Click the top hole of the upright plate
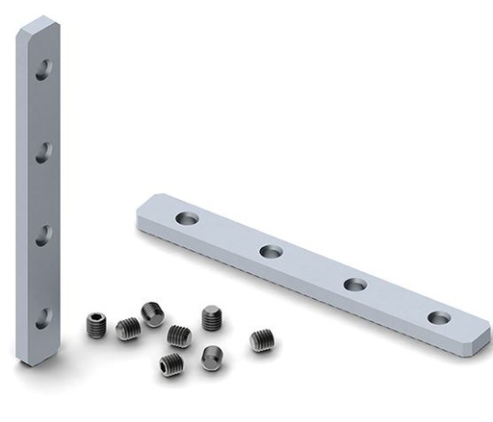coord(43,69)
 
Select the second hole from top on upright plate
coord(43,151)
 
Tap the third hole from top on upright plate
coord(43,234)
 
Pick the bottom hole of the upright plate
coord(43,317)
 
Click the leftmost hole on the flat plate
coord(187,218)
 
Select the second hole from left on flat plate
coord(272,252)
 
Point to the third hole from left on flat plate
coord(355,285)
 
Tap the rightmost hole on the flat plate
coord(439,317)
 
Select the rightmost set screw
coord(262,339)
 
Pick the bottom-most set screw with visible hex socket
coord(171,364)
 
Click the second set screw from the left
coord(128,329)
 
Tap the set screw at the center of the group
coord(178,335)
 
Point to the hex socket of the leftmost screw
coord(94,321)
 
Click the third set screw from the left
coord(152,313)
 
